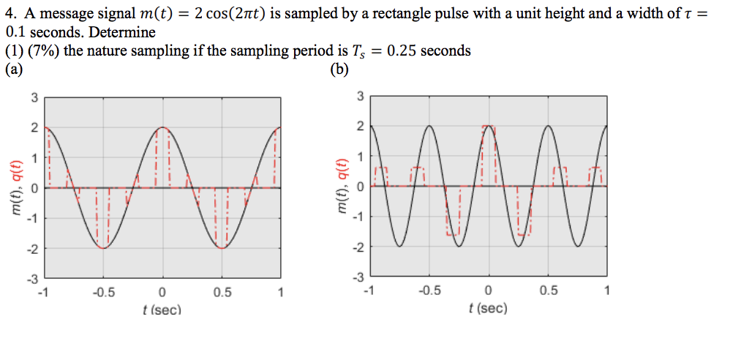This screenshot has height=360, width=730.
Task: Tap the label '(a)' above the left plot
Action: [14, 70]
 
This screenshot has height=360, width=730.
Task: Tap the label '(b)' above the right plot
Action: [339, 70]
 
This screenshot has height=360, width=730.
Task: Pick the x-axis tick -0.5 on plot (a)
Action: [103, 293]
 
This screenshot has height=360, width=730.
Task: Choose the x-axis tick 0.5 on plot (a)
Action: [222, 293]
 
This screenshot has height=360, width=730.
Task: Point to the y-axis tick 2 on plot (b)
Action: [360, 126]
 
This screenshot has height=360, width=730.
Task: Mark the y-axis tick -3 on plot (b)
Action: [358, 277]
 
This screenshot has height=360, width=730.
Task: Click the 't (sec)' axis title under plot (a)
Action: [162, 310]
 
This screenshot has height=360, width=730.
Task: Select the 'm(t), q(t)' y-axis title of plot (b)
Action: [342, 187]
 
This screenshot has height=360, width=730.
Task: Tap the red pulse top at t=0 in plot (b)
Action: [489, 127]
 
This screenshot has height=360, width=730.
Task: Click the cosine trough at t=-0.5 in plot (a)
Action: [103, 248]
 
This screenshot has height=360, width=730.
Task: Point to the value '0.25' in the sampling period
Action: [402, 51]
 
